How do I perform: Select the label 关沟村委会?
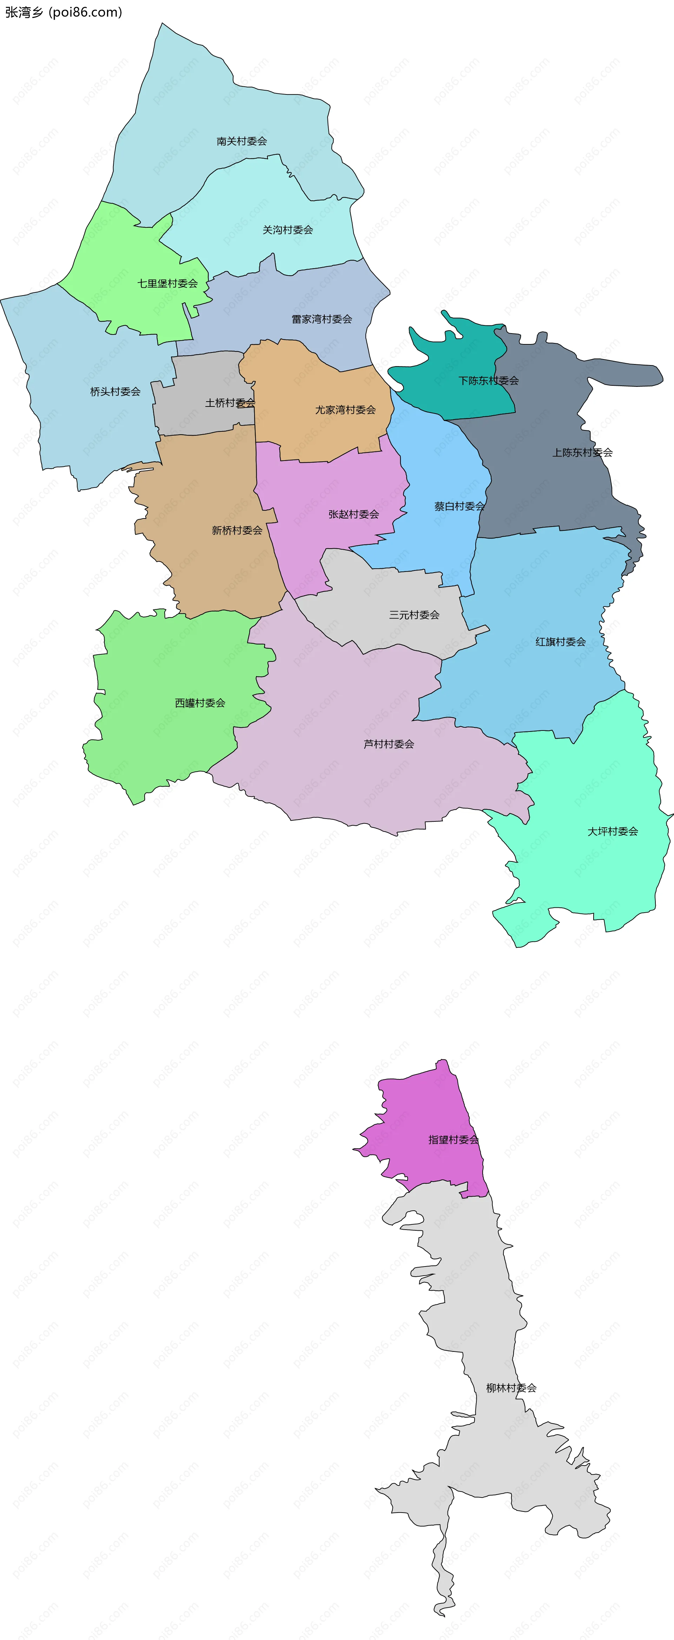(x=288, y=230)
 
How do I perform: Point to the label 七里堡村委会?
(x=167, y=283)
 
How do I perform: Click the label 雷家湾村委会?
(x=322, y=319)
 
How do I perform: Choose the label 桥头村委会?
(x=115, y=391)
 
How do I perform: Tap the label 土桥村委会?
(x=230, y=403)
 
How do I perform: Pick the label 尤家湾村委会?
(x=345, y=410)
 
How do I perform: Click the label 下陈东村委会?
(x=488, y=381)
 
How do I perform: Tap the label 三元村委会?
(x=414, y=615)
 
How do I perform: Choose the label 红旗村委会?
(x=560, y=642)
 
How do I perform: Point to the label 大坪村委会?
(x=612, y=832)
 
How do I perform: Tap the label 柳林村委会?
(x=511, y=1388)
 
